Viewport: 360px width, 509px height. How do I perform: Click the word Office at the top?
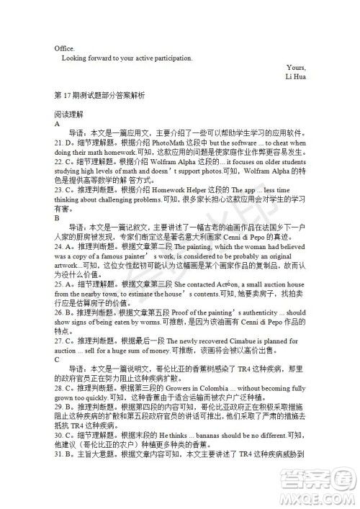pyautogui.click(x=64, y=48)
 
